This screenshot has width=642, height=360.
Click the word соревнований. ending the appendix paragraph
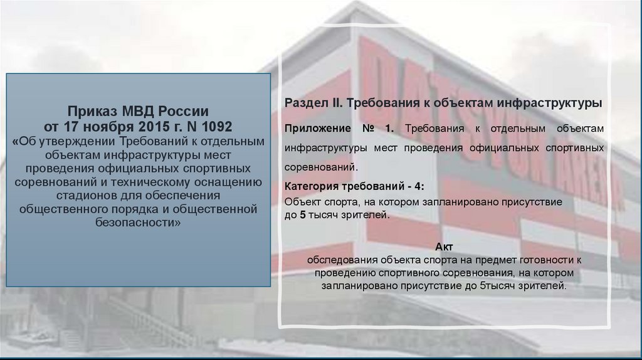tap(322, 168)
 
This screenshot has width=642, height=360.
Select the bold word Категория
tap(310, 187)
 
